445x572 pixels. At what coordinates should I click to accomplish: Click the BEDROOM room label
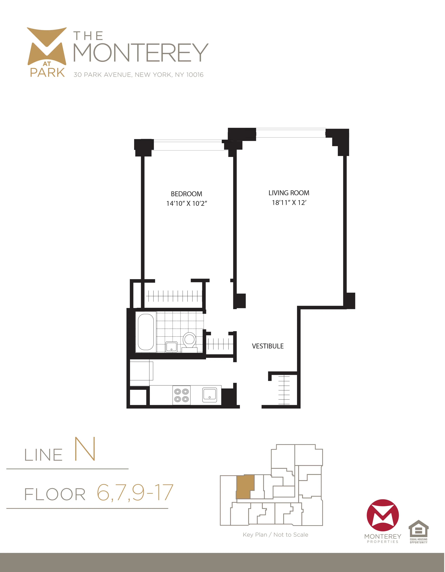point(186,194)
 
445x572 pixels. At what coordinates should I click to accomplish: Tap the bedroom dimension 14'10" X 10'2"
point(186,204)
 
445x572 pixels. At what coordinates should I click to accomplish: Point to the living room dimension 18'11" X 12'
point(289,203)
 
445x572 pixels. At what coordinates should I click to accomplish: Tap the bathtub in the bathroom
point(146,332)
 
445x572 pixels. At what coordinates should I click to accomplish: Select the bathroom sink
point(171,347)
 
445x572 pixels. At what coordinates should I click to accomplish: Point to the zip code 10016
point(195,75)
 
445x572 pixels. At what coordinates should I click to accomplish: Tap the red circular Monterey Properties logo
point(382,515)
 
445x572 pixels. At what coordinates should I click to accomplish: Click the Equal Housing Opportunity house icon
point(418,528)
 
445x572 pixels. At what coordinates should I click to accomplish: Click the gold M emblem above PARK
point(47,46)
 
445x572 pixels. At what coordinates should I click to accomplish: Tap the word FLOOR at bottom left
point(55,495)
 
